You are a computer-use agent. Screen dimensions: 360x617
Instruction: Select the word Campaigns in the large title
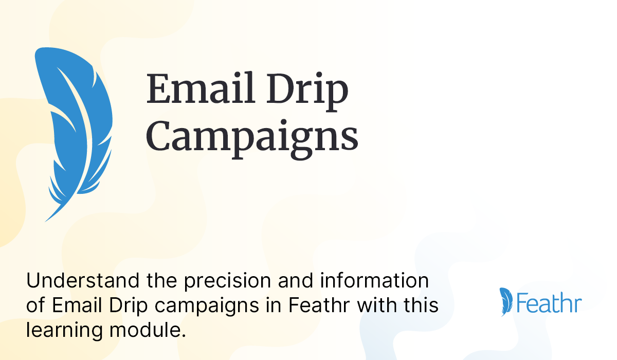(252, 137)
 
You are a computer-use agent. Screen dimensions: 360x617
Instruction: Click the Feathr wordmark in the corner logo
(549, 303)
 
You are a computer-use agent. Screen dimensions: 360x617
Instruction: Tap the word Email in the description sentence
(74, 306)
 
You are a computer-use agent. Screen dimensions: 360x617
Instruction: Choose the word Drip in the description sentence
(128, 306)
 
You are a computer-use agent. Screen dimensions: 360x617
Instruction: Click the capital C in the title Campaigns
(161, 136)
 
